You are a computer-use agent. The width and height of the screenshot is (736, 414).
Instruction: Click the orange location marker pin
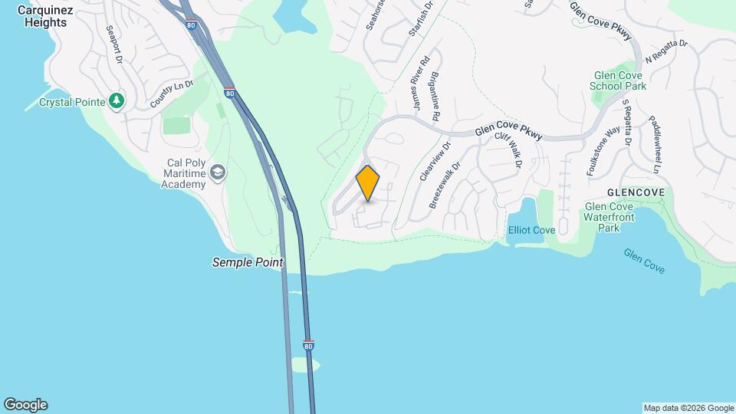coord(368,183)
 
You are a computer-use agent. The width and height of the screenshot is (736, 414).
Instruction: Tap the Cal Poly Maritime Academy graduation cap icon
coord(218,172)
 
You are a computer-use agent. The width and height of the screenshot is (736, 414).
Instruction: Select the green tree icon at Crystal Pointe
coord(117,100)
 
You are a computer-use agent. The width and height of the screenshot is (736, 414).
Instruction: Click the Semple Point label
coord(248,262)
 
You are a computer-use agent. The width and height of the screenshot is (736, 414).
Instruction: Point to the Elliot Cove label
coord(531,230)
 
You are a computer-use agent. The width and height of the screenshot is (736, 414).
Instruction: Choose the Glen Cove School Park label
coord(618,81)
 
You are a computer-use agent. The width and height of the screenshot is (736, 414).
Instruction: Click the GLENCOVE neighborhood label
coord(635,191)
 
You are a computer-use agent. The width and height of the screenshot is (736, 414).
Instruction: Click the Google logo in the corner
coord(25,405)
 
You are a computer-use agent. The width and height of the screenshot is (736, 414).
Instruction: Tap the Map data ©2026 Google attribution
coord(688,408)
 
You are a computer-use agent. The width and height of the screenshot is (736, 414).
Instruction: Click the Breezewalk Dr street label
coord(445,185)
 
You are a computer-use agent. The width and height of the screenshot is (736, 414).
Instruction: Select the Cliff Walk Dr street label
coord(508,149)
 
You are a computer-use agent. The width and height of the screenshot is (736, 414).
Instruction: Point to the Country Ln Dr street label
coord(169,94)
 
